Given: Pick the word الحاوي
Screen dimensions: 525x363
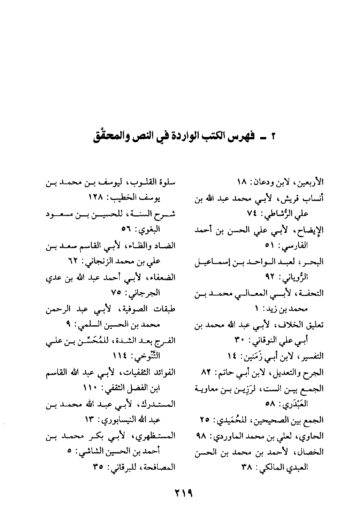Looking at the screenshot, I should coord(313,436).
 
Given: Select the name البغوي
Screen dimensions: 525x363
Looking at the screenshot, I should coord(149,230).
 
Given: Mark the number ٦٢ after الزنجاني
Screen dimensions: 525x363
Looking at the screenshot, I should coord(73,261).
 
